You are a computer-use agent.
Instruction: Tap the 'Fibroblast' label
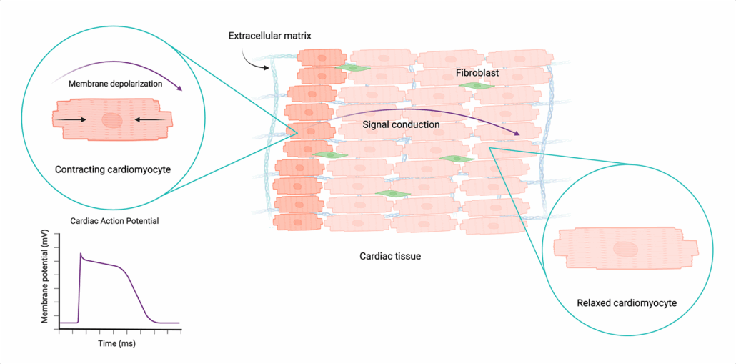pyautogui.click(x=477, y=73)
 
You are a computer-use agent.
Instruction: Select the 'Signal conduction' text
pyautogui.click(x=400, y=124)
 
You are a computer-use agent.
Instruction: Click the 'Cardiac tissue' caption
pyautogui.click(x=389, y=255)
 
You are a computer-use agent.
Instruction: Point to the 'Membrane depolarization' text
pyautogui.click(x=115, y=84)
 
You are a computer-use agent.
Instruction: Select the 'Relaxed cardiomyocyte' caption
pyautogui.click(x=627, y=303)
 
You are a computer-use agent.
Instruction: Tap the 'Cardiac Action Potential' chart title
pyautogui.click(x=114, y=221)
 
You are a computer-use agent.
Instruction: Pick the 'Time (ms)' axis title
pyautogui.click(x=116, y=343)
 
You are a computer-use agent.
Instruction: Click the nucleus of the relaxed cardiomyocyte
pyautogui.click(x=626, y=249)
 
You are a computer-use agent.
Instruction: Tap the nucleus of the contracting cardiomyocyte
pyautogui.click(x=112, y=119)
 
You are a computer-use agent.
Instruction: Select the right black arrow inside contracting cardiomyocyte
pyautogui.click(x=148, y=119)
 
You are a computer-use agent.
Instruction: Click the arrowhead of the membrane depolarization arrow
pyautogui.click(x=179, y=88)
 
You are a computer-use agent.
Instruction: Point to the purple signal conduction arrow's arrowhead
pyautogui.click(x=517, y=134)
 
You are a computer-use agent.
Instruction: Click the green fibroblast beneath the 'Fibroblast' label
pyautogui.click(x=477, y=86)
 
